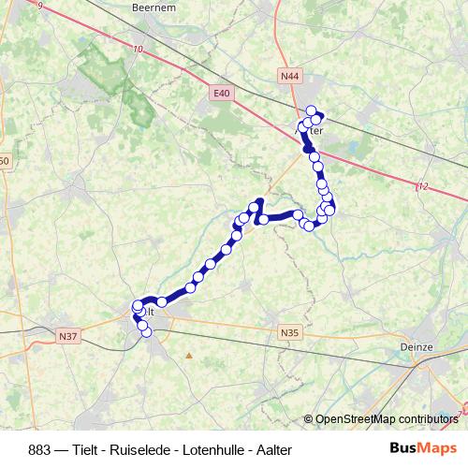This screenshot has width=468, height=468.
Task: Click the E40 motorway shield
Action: coord(221,93)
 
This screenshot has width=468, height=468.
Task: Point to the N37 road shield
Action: coord(68,336)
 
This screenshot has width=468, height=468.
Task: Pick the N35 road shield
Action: coord(290,331)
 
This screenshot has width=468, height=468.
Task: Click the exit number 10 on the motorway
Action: coord(139,49)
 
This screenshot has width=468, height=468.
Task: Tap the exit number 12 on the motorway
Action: coord(423,187)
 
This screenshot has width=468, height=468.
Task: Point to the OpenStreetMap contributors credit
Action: coord(387,418)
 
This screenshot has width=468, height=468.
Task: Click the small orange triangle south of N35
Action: coord(189,356)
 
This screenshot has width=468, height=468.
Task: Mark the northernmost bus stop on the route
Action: coord(312,110)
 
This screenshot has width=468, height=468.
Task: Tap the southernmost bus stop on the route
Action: coord(146,330)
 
